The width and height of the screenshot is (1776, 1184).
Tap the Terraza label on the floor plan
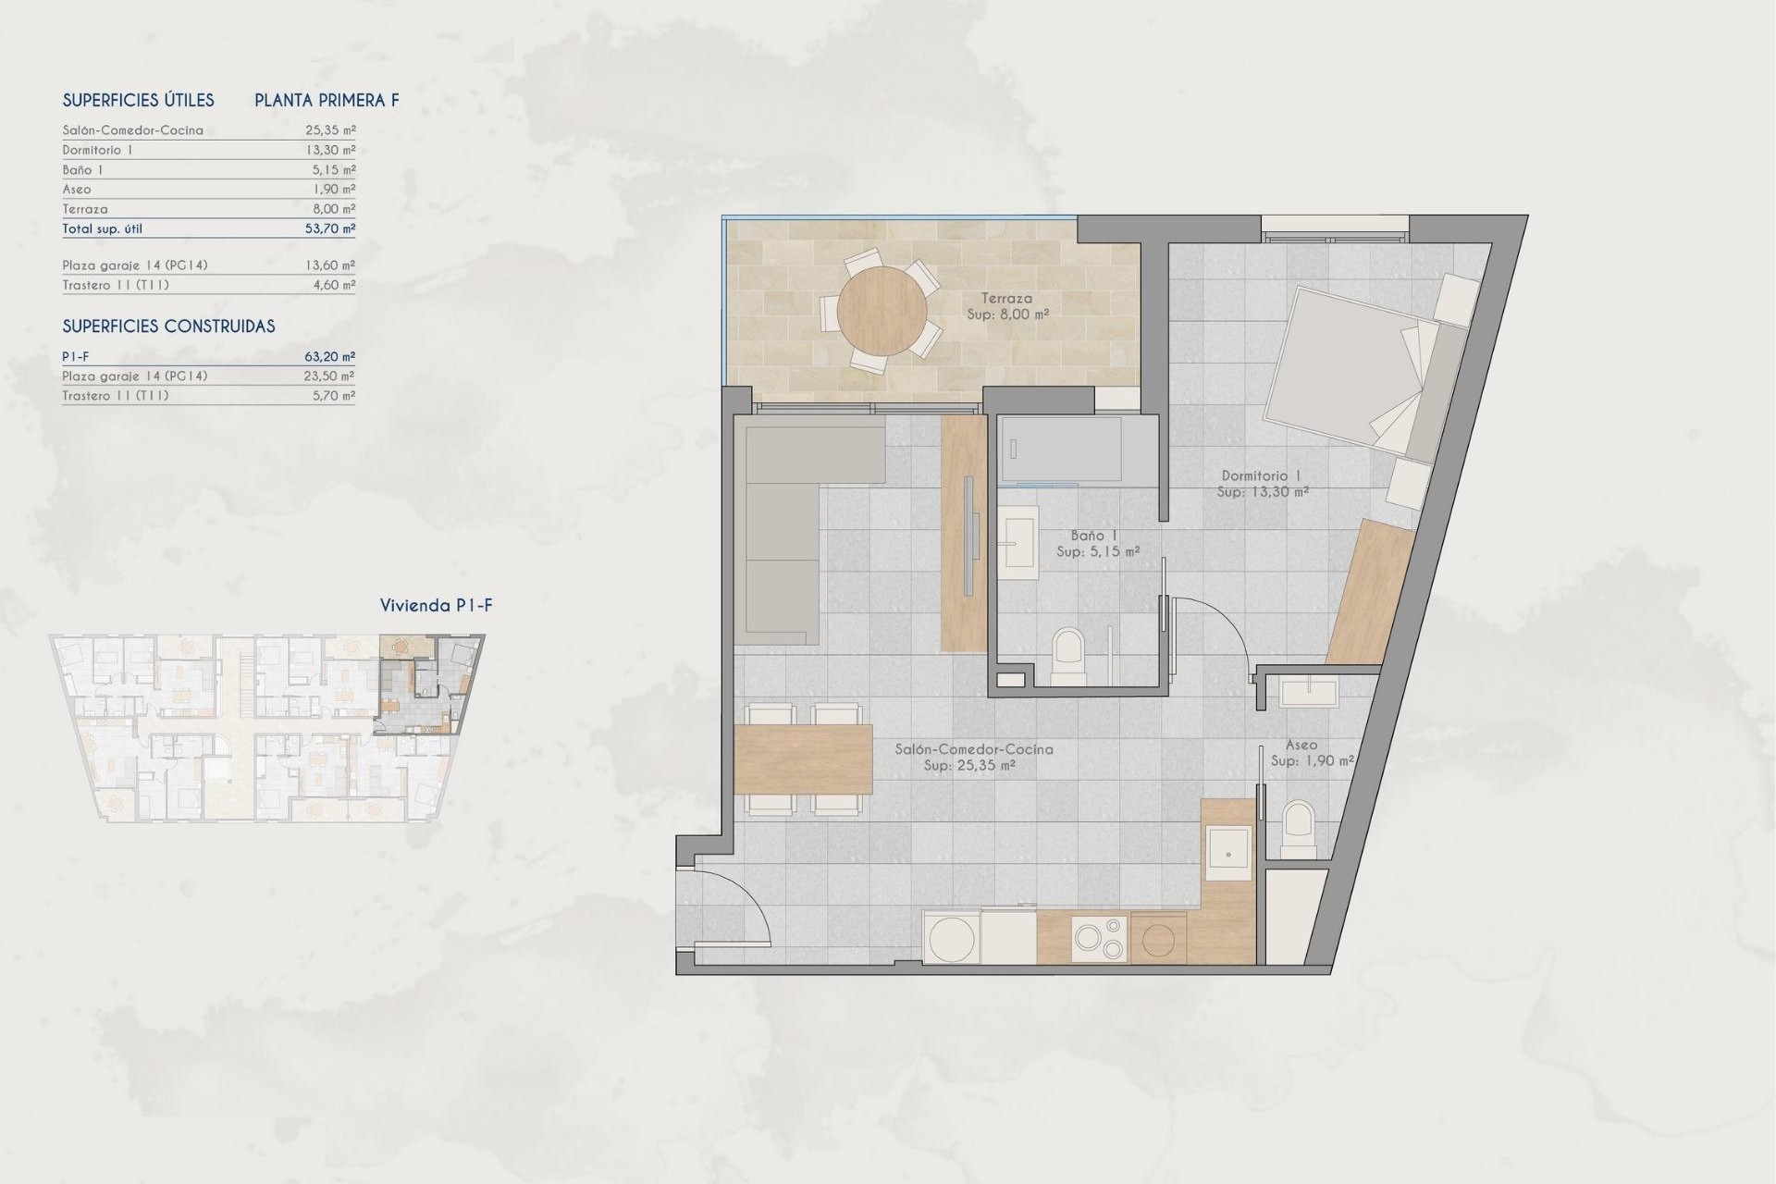1007,299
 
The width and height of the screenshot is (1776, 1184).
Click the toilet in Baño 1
1068,655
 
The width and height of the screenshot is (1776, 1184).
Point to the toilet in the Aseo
1299,828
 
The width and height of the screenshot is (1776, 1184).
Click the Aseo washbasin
1309,692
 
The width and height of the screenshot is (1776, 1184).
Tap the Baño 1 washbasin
1018,542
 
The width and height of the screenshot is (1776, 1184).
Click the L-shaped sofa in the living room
783,527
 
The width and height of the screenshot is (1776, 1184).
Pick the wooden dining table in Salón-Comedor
803,758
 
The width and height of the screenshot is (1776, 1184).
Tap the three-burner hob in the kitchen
1099,938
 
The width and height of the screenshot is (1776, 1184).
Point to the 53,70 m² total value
330,228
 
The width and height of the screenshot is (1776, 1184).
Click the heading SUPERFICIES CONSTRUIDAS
168,326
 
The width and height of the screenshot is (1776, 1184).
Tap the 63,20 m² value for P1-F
330,356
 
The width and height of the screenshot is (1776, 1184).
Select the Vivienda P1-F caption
436,606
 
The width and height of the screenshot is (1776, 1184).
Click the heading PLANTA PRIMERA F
327,100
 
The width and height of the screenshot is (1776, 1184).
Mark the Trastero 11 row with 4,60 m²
208,285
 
